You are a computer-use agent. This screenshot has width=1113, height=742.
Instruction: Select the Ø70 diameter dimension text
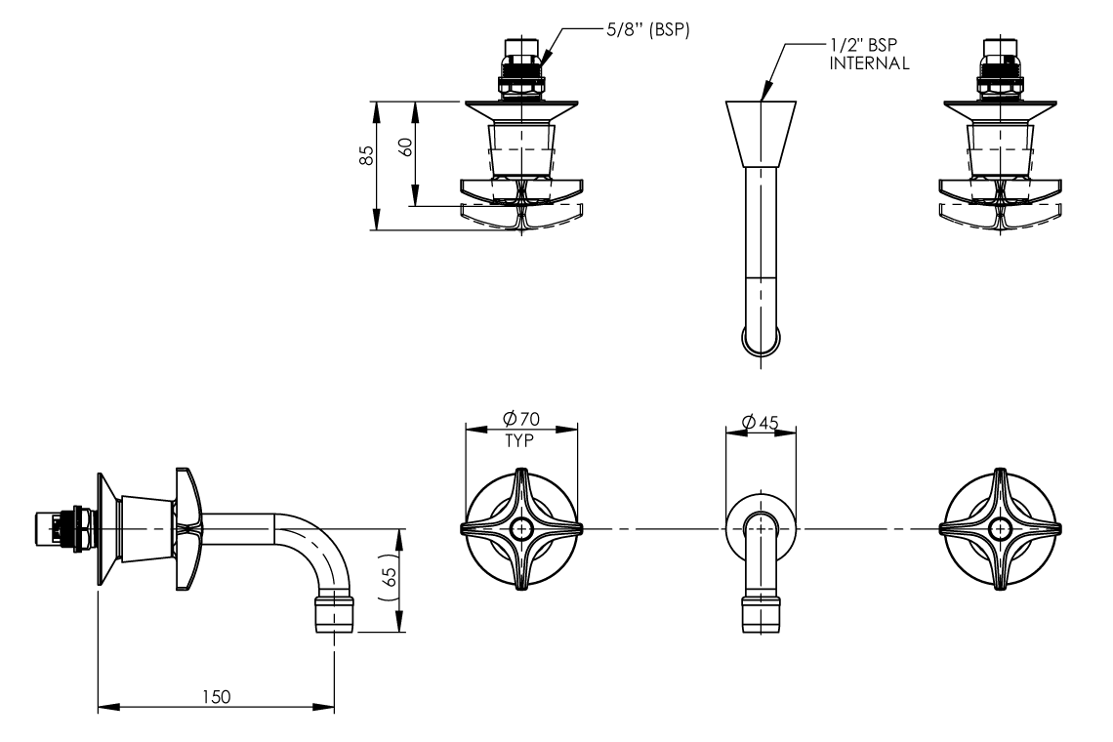pyautogui.click(x=522, y=419)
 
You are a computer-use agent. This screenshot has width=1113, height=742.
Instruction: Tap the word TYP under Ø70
pyautogui.click(x=519, y=440)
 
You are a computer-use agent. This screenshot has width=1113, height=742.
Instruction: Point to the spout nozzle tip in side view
pyautogui.click(x=332, y=618)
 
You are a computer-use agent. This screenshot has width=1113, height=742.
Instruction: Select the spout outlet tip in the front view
pyautogui.click(x=761, y=617)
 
